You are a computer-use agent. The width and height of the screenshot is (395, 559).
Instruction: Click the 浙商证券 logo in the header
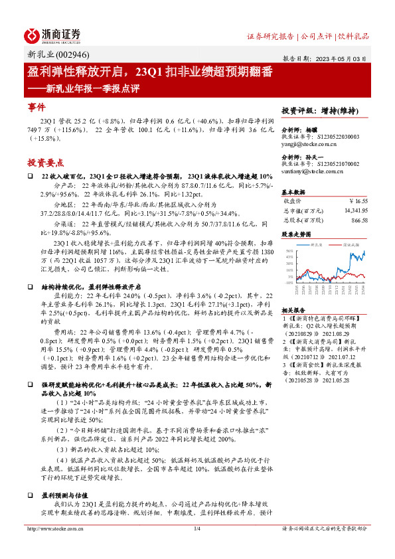(x=52, y=36)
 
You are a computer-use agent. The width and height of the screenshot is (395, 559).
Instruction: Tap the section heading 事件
(x=37, y=107)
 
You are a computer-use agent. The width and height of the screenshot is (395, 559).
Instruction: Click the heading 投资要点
(x=45, y=162)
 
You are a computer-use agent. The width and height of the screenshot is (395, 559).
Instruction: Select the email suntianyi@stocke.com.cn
(x=313, y=171)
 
